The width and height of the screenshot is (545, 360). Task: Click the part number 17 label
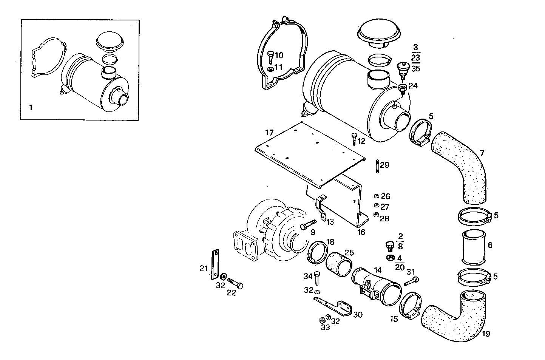pyautogui.click(x=269, y=133)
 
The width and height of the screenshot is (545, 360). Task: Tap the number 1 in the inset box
pyautogui.click(x=31, y=108)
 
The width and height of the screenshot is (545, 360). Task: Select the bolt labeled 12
pyautogui.click(x=354, y=139)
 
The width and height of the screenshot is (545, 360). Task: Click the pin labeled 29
pyautogui.click(x=377, y=166)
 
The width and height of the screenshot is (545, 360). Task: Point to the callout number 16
pyautogui.click(x=361, y=232)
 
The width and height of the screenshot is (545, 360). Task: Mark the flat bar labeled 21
pyautogui.click(x=215, y=264)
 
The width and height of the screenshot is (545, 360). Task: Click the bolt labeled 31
pyautogui.click(x=411, y=281)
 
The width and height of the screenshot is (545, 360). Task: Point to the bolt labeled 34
pyautogui.click(x=317, y=278)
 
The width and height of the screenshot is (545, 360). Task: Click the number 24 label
pyautogui.click(x=413, y=86)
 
